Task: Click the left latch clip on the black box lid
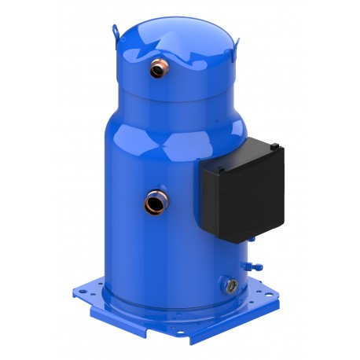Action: coord(222,168)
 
